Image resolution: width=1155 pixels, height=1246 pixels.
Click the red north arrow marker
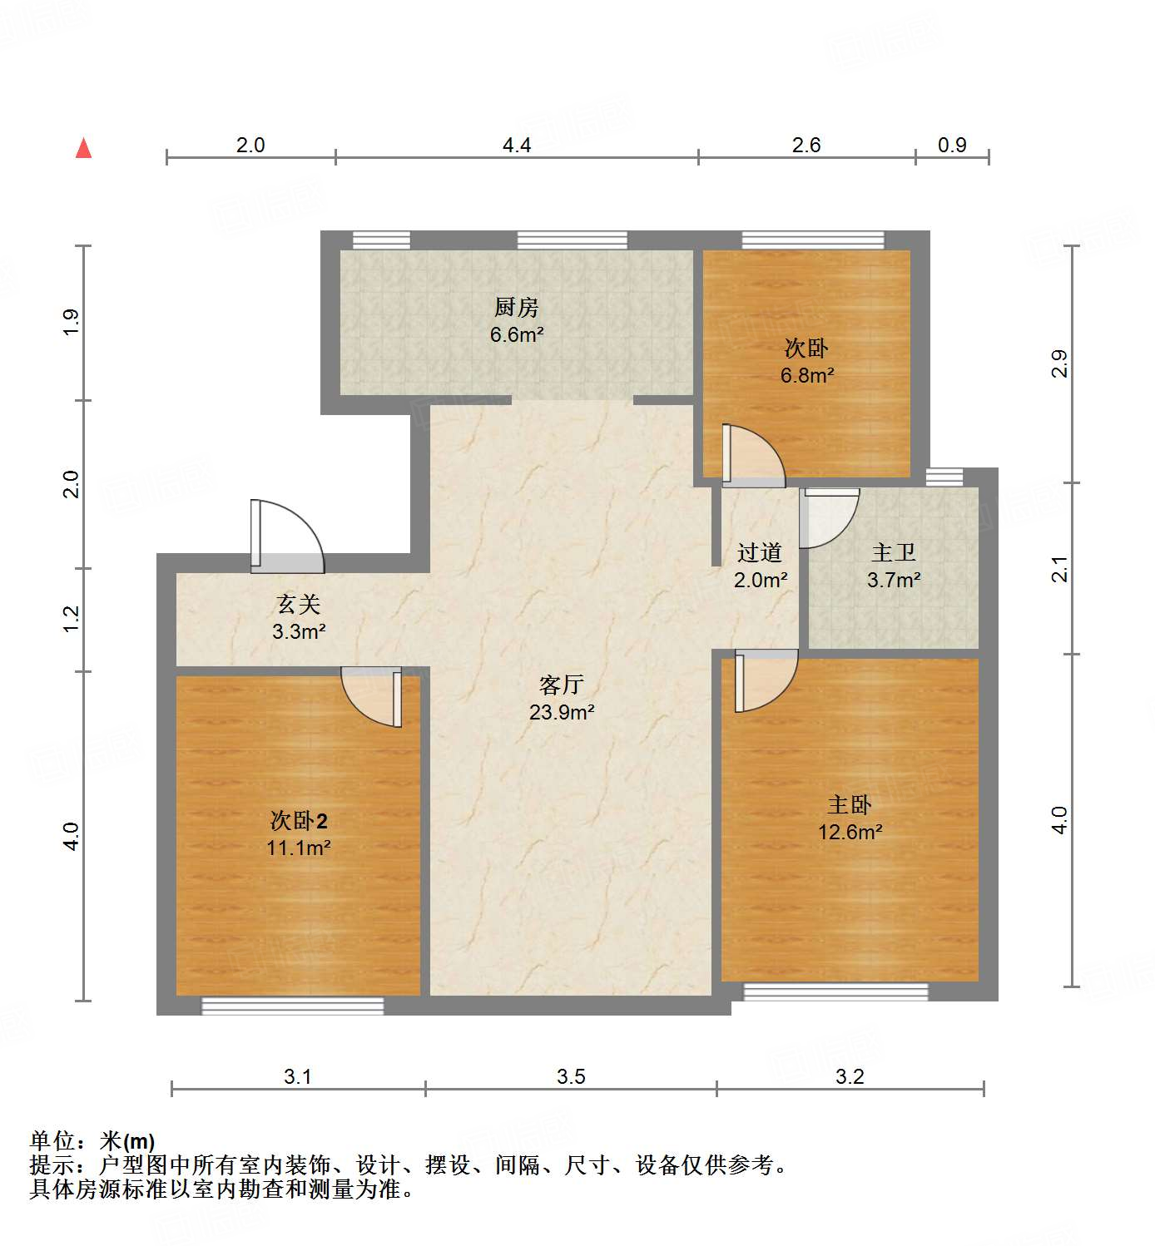[x=83, y=149]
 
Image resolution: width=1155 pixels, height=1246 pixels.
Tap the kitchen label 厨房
[x=516, y=308]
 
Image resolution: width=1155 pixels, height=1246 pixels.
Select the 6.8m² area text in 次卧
[x=806, y=376]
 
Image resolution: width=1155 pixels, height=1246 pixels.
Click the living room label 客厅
[x=561, y=685]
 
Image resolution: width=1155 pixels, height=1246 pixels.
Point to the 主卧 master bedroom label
[x=849, y=804]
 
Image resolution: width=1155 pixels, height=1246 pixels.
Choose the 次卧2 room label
[x=299, y=821]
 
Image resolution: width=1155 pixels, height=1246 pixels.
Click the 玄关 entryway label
[x=298, y=604]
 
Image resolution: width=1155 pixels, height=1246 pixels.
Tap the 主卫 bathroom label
[x=893, y=552]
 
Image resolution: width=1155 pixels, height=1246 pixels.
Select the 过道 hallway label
[x=759, y=552]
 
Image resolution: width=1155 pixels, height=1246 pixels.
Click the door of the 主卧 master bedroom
[x=765, y=680]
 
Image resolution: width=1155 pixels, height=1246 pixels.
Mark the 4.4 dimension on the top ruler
[x=516, y=146]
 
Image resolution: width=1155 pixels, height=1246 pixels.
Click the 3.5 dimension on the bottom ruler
[x=571, y=1077]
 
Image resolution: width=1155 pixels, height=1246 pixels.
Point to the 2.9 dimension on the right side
[x=1059, y=364]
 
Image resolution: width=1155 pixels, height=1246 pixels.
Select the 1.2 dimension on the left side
[x=72, y=618]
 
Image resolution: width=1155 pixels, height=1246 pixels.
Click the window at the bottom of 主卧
[x=835, y=991]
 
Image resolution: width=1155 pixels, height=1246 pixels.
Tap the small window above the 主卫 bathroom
[x=944, y=477]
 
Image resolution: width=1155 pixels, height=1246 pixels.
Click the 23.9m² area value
[x=561, y=713]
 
